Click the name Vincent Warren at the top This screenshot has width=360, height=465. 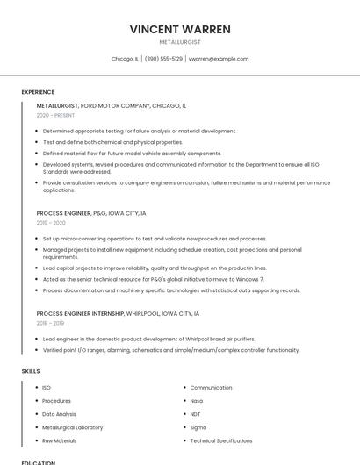point(180,29)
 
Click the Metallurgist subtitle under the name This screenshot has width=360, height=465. point(180,42)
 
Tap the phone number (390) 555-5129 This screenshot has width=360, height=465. point(163,59)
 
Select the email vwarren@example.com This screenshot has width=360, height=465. point(220,59)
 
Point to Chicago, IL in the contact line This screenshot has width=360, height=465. point(125,59)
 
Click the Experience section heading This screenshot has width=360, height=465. point(38,92)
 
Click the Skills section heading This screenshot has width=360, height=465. point(31,371)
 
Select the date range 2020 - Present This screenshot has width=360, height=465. point(54,115)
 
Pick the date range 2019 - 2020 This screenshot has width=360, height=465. point(51,223)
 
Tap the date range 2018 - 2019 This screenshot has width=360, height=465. point(50,323)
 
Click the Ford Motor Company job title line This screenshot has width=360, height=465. point(112,105)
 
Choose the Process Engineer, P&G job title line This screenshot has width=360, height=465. point(91,213)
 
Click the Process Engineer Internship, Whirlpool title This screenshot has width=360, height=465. point(118,313)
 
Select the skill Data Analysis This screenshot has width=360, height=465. point(59,414)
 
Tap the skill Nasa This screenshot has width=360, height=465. point(197,401)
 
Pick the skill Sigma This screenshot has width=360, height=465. point(198,427)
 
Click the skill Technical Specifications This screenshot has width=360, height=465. point(221,440)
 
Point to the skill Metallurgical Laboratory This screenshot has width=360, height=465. point(72,427)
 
